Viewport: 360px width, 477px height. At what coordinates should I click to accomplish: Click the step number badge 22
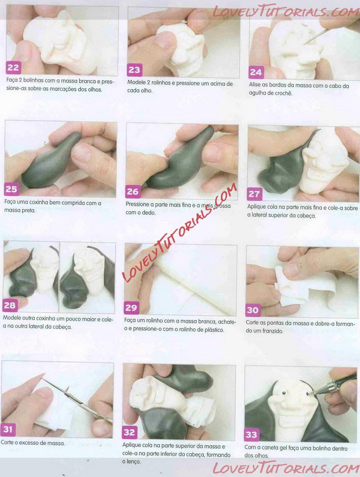(x=13, y=67)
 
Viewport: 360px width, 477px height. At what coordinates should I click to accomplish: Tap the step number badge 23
(x=134, y=70)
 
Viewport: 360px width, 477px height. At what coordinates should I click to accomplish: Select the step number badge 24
(x=256, y=72)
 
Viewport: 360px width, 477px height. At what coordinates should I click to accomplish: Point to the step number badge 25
(x=11, y=189)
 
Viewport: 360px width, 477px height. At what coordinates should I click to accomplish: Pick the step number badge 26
(x=133, y=191)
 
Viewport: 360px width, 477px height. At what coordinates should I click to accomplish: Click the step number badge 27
(x=254, y=194)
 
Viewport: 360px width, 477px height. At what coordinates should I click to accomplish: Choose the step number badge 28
(x=10, y=305)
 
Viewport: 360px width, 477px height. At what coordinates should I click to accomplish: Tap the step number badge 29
(x=132, y=308)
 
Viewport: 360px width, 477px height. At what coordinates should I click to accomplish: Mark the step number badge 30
(x=253, y=310)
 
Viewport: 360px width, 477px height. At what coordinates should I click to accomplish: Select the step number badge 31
(x=8, y=429)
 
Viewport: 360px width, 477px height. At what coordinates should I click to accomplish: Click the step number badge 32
(x=129, y=432)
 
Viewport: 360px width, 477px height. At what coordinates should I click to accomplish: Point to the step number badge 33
(x=252, y=435)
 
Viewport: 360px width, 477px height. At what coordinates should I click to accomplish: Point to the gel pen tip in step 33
(x=309, y=394)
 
